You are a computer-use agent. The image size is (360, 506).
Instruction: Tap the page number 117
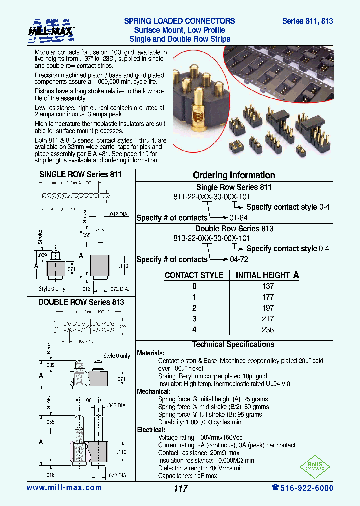180,488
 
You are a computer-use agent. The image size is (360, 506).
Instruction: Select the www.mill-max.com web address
64,488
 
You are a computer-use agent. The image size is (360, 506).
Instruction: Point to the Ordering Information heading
234,175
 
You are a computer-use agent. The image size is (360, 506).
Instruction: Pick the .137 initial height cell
267,286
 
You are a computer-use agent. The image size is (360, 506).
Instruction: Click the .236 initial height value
267,330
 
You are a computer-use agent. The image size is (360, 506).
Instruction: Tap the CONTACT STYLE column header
194,275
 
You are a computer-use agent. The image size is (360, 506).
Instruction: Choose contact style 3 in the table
194,319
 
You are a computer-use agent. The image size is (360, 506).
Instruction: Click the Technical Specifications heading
233,344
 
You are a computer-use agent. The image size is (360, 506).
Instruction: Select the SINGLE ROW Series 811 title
80,175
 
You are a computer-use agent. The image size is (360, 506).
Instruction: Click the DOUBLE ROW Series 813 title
81,302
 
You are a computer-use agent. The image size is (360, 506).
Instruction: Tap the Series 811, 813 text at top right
307,21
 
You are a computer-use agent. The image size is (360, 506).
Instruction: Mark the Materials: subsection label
150,353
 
